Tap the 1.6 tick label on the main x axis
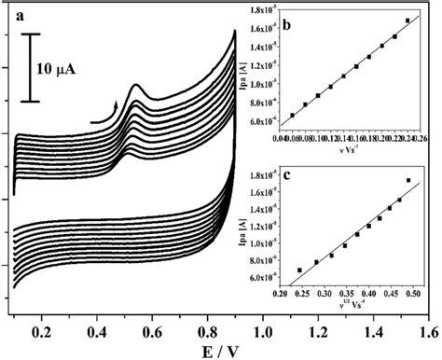[428, 331]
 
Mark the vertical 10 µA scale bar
[29, 67]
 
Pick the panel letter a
[18, 14]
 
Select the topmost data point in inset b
[407, 20]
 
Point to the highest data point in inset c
[407, 180]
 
